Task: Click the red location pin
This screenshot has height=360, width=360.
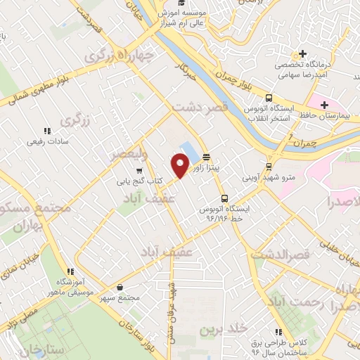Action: (180, 165)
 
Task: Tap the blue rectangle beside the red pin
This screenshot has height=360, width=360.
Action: (189, 151)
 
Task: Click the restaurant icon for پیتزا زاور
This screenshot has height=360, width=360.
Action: (206, 157)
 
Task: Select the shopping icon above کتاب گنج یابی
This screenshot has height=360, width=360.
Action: (139, 170)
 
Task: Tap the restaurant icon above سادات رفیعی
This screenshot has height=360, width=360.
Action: (46, 131)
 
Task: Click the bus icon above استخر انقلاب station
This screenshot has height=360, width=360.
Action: (269, 98)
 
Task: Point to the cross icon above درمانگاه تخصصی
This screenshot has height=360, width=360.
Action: (302, 53)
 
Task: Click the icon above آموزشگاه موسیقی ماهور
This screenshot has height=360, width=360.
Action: (69, 271)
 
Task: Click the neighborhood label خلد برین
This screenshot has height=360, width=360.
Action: (215, 329)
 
